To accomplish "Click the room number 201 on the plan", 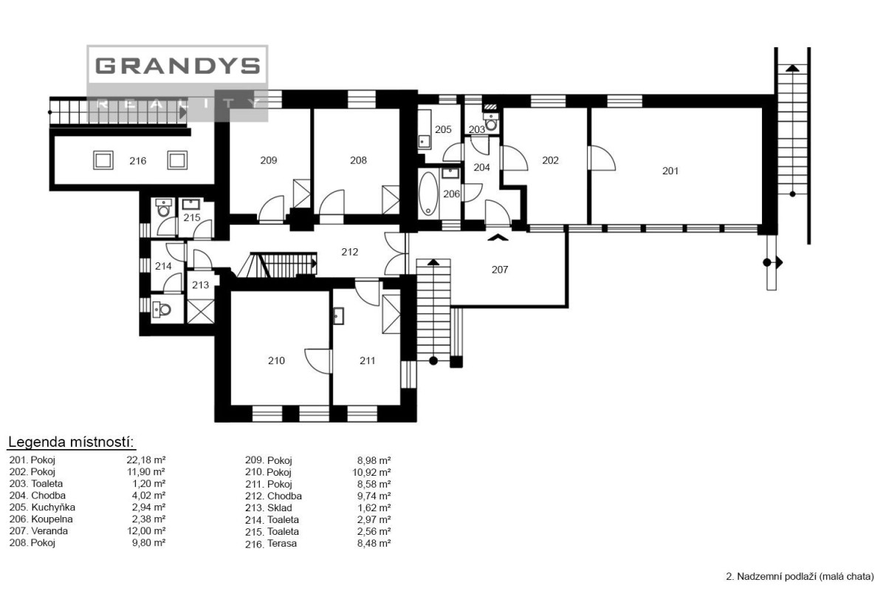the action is (x=670, y=171).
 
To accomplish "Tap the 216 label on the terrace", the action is (x=137, y=161).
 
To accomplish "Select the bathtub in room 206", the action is (x=428, y=194).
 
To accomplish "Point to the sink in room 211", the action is (x=338, y=316).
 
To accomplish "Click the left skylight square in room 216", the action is (x=103, y=160).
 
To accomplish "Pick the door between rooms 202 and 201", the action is (x=602, y=158).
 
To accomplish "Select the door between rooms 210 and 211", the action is (x=318, y=361).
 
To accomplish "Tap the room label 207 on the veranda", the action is (x=500, y=270).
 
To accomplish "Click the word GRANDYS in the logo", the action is (x=178, y=66).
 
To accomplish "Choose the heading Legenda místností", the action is (x=71, y=443).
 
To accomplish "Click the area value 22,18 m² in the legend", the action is (x=146, y=460).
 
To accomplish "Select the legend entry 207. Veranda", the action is (x=38, y=531).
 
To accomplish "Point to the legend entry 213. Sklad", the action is (x=269, y=508).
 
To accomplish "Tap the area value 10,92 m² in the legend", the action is (x=371, y=472).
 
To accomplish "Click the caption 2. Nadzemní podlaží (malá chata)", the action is (x=800, y=576).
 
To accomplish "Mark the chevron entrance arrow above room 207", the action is (x=498, y=238).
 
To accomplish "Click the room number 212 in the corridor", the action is (x=350, y=252).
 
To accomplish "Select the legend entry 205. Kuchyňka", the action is (x=42, y=507).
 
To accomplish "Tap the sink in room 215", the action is (x=191, y=204).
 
